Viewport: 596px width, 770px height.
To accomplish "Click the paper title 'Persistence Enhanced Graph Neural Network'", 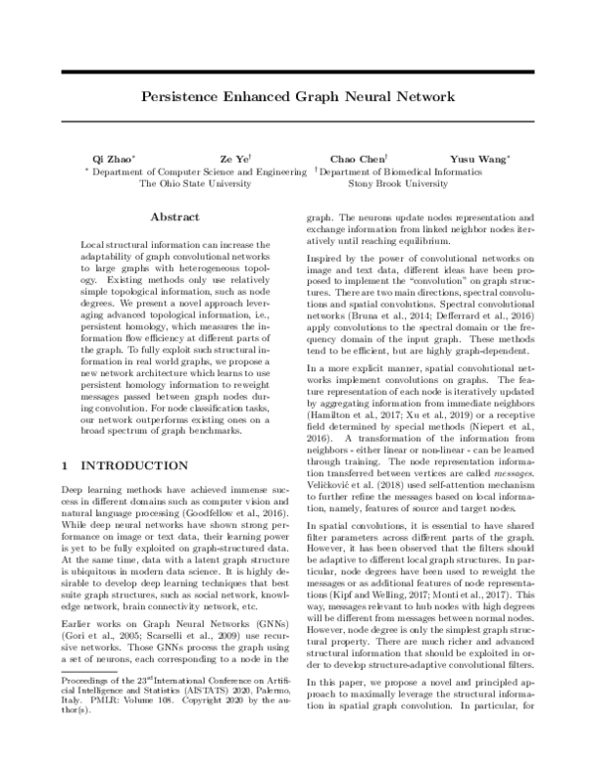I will (298, 98).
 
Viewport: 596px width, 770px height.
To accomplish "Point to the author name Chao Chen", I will (355, 159).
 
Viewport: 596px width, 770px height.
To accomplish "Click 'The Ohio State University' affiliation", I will (195, 184).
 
